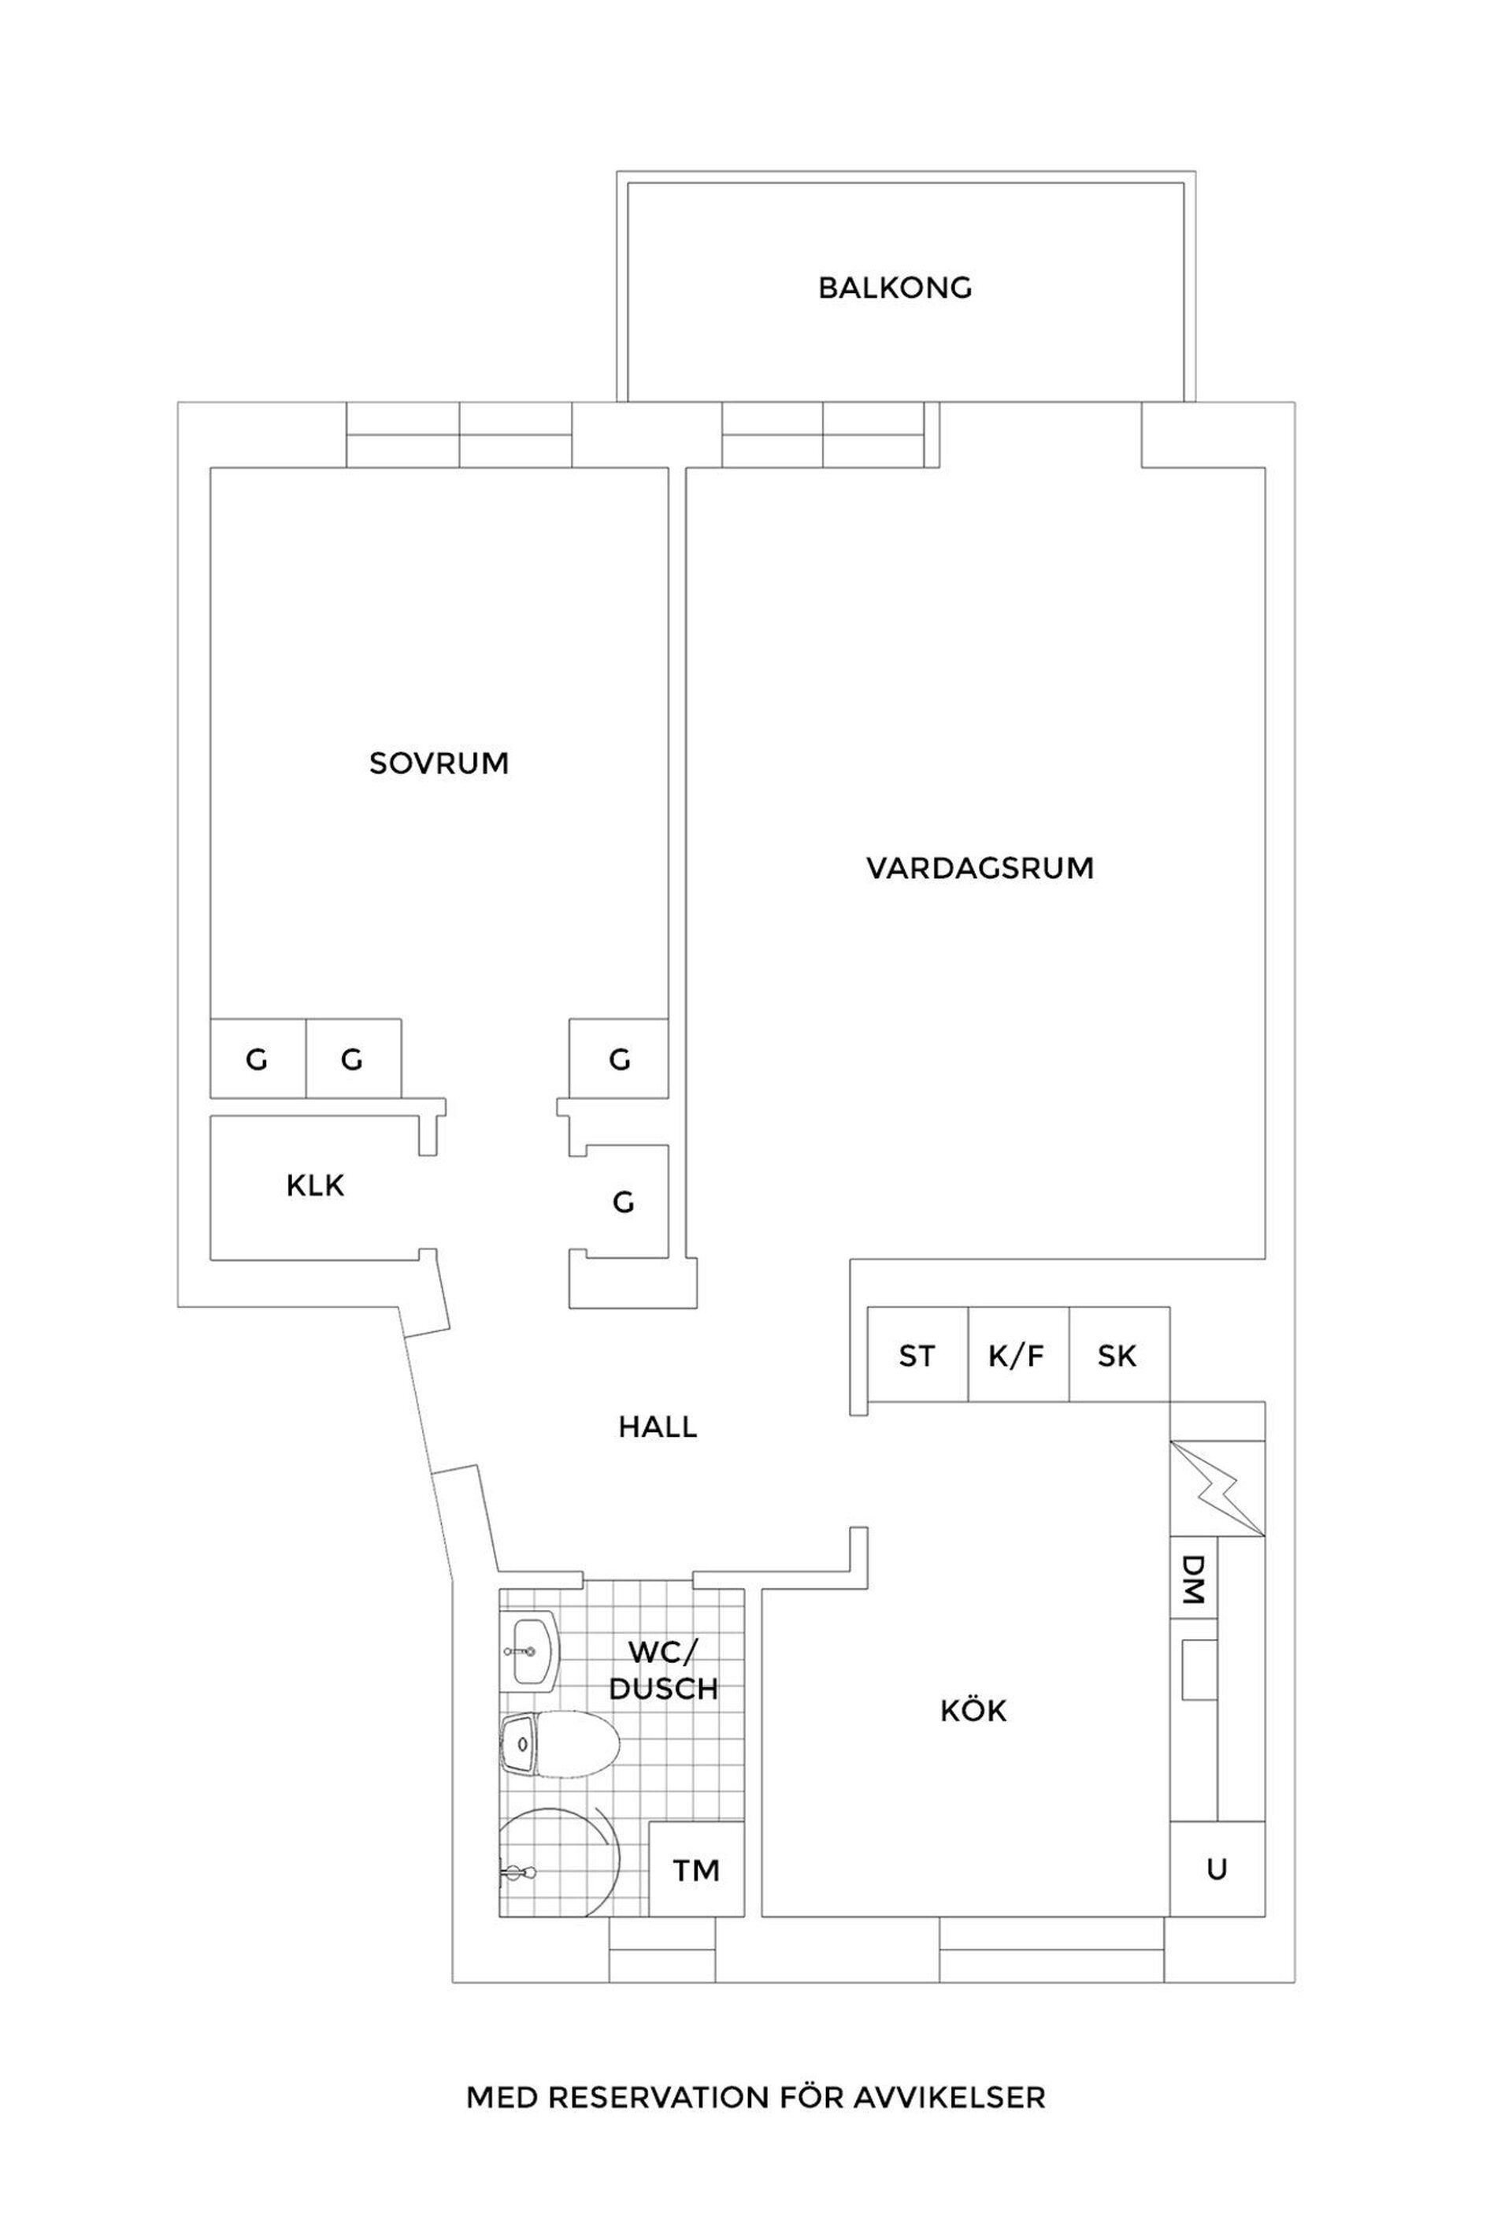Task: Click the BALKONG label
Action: [x=894, y=288]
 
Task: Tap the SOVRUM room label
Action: [x=439, y=763]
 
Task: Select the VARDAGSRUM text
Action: [x=980, y=868]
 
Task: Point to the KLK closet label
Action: [x=314, y=1186]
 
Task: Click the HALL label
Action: [x=657, y=1427]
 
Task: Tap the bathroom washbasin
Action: [x=530, y=1651]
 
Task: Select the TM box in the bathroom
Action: [x=696, y=1870]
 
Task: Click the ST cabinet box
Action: [x=916, y=1356]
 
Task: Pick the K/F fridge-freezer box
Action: [x=1016, y=1356]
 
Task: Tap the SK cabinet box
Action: [x=1117, y=1356]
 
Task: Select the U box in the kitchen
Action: [x=1216, y=1868]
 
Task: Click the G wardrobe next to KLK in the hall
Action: [x=623, y=1201]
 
